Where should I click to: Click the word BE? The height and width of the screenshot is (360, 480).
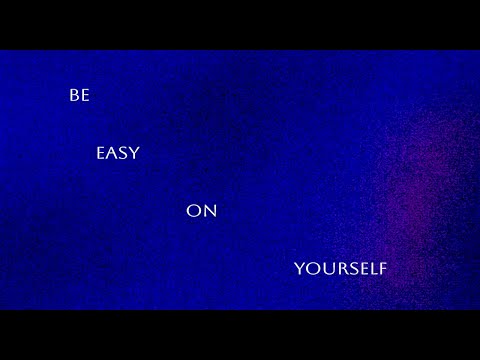pos(79,96)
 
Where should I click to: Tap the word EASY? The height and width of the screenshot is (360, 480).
pos(118,154)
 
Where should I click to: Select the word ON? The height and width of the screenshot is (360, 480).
pos(201,211)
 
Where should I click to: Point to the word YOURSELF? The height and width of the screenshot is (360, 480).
pos(340,268)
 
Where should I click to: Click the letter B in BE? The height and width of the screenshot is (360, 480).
pos(74,96)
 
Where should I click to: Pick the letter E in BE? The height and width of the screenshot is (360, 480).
pos(84,96)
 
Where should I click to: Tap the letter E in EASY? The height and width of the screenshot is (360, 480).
pos(100,154)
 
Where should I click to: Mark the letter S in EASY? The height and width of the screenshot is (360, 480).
pos(123,154)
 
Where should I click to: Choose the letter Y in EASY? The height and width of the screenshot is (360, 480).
pos(135,154)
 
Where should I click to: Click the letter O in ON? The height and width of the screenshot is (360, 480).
pos(194,211)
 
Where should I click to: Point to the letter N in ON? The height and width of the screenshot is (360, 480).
pos(209,211)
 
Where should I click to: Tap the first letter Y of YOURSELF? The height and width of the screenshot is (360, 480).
pos(299,268)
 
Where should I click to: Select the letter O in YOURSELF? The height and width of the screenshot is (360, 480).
pos(311,268)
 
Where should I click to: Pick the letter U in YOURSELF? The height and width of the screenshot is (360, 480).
pos(325,268)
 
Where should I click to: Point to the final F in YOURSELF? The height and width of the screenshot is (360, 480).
pos(381,268)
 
